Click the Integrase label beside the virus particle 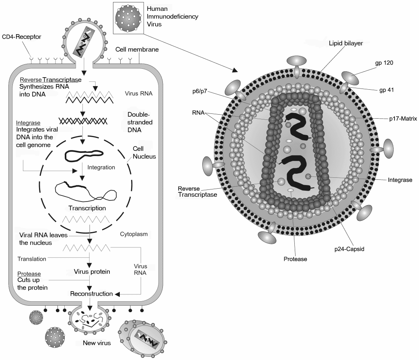(x=400, y=180)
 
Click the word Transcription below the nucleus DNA (x=87, y=208)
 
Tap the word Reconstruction (x=91, y=294)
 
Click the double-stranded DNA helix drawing (x=83, y=120)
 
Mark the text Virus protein (x=92, y=272)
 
